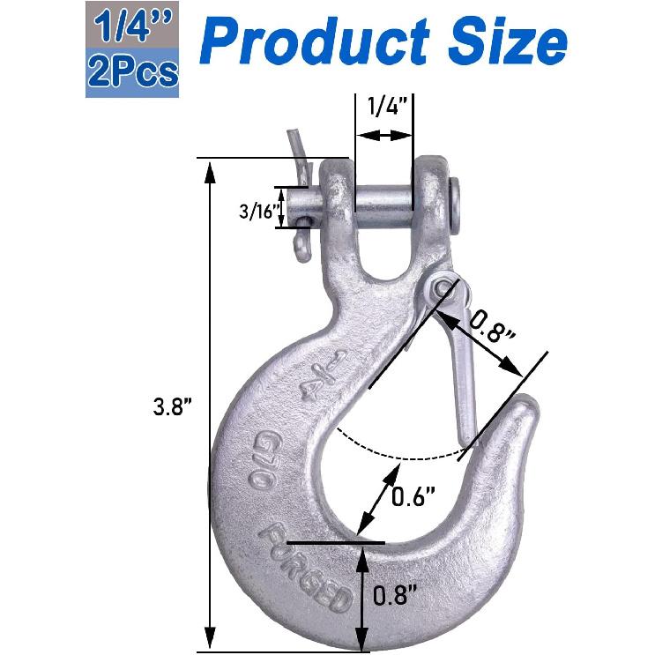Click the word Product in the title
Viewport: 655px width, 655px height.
[317, 41]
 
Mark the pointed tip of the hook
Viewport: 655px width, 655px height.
[527, 411]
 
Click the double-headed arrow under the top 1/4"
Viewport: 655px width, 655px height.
[384, 136]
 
